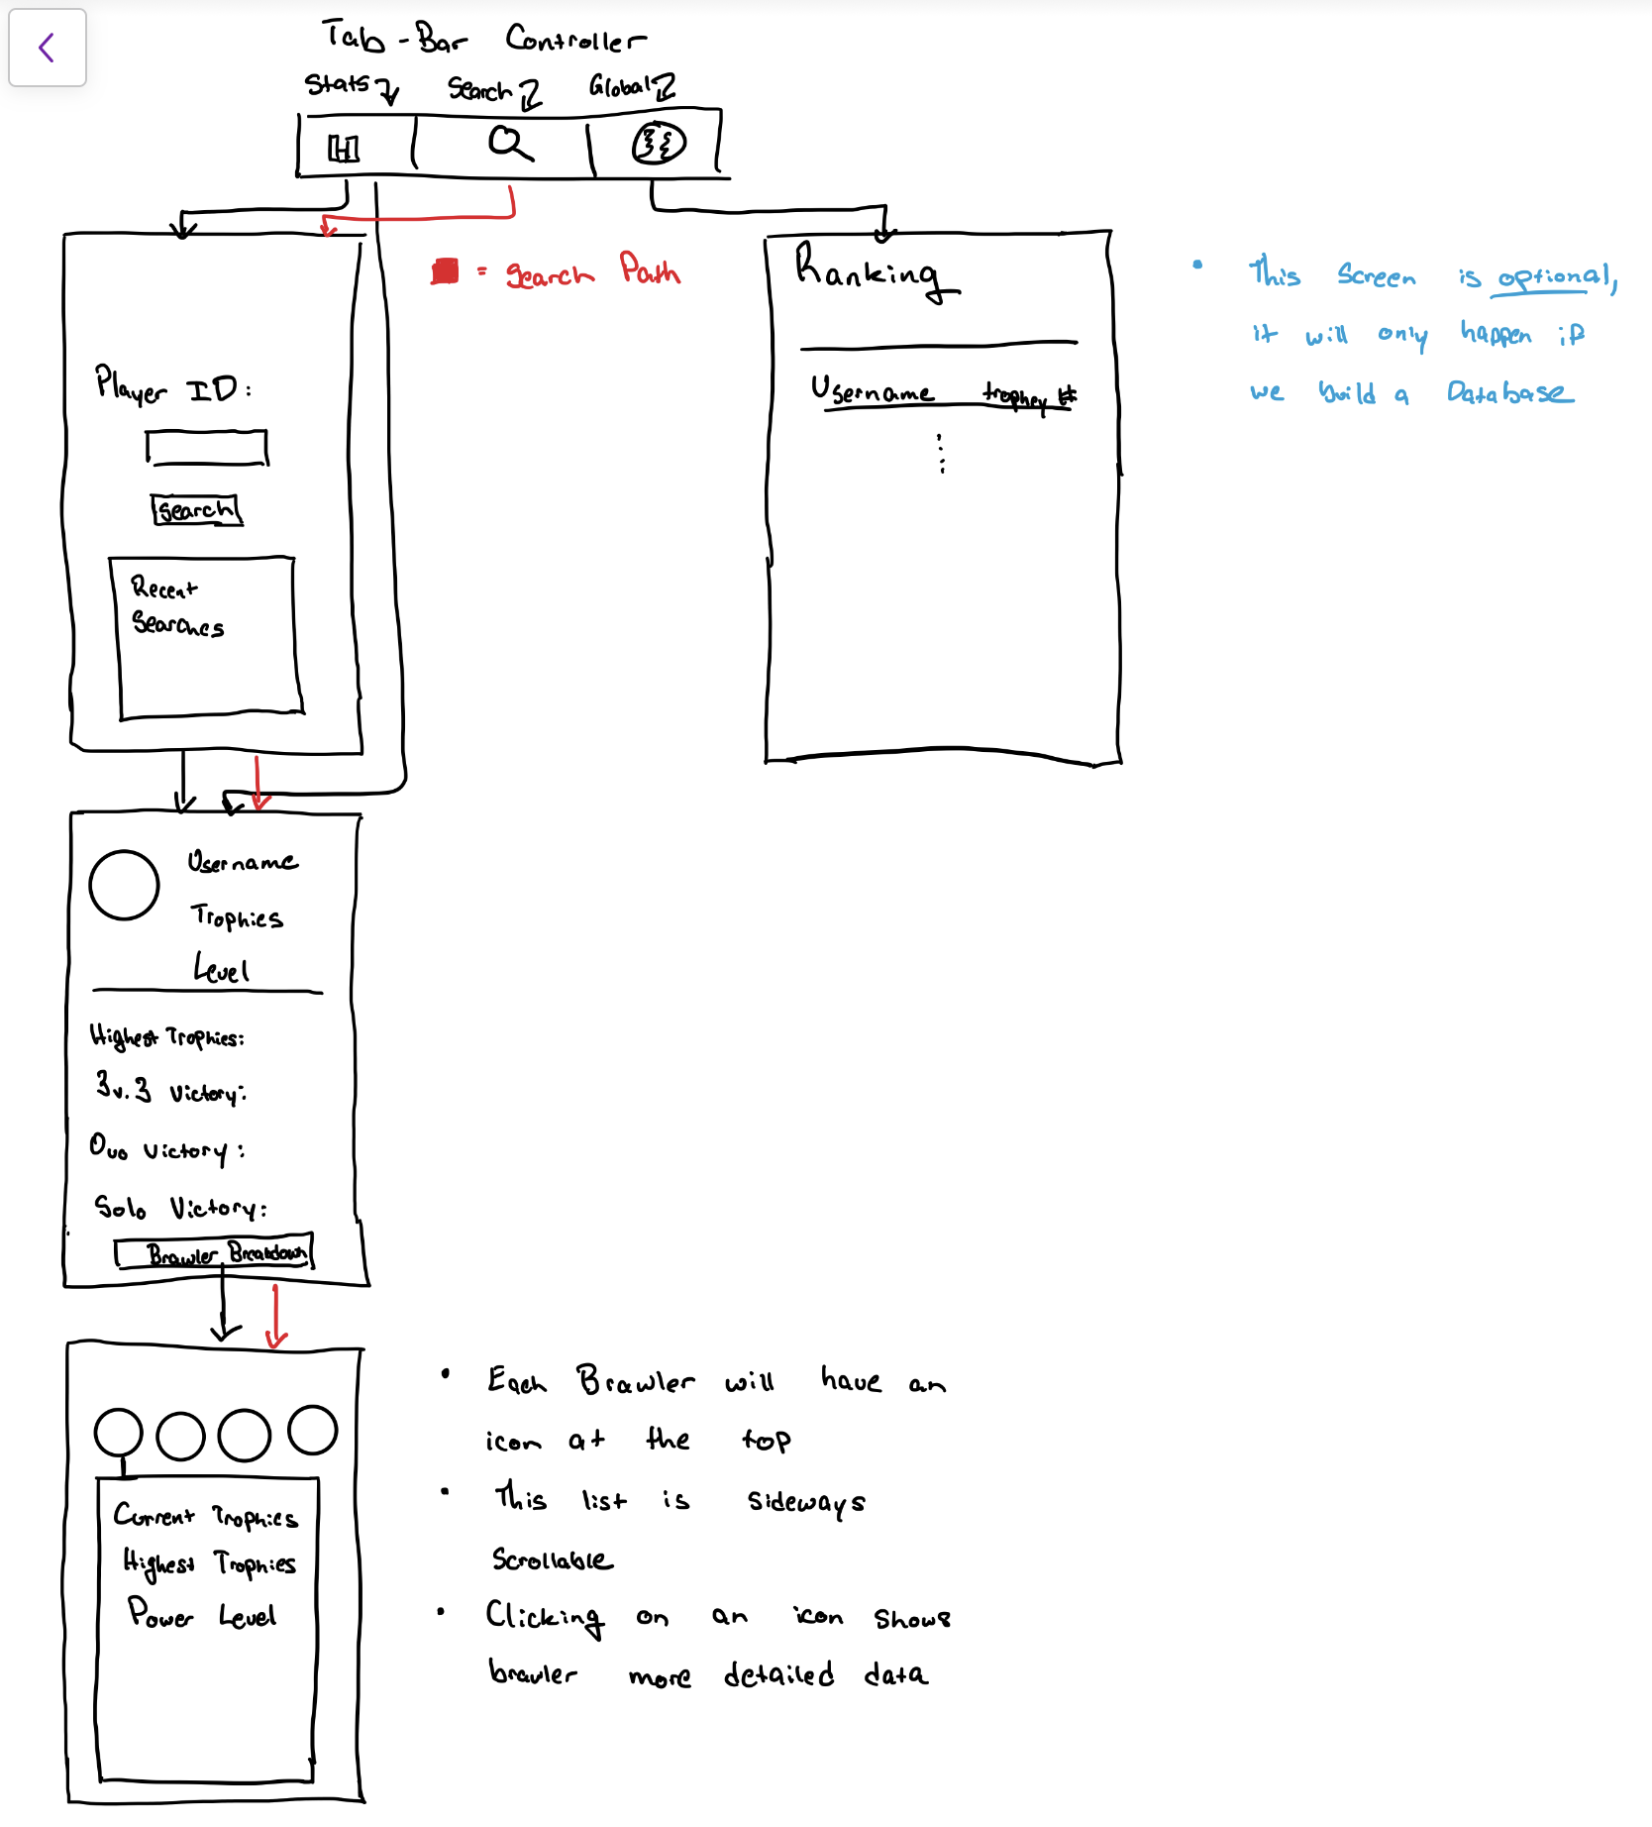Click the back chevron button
pyautogui.click(x=47, y=48)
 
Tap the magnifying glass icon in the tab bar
pyautogui.click(x=510, y=144)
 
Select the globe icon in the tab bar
pyautogui.click(x=659, y=144)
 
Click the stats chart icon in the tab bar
pyautogui.click(x=344, y=149)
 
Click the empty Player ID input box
pyautogui.click(x=207, y=448)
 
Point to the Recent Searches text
pyautogui.click(x=176, y=606)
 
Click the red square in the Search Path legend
pyautogui.click(x=446, y=271)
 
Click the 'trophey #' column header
pyautogui.click(x=1028, y=396)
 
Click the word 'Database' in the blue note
pyautogui.click(x=1508, y=393)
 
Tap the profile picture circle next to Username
pyautogui.click(x=124, y=885)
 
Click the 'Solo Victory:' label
pyautogui.click(x=179, y=1208)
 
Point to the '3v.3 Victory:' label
pyautogui.click(x=170, y=1090)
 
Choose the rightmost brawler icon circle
pyautogui.click(x=313, y=1430)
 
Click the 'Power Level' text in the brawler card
pyautogui.click(x=202, y=1615)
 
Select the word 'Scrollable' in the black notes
pyautogui.click(x=552, y=1560)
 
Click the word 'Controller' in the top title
pyautogui.click(x=574, y=40)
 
